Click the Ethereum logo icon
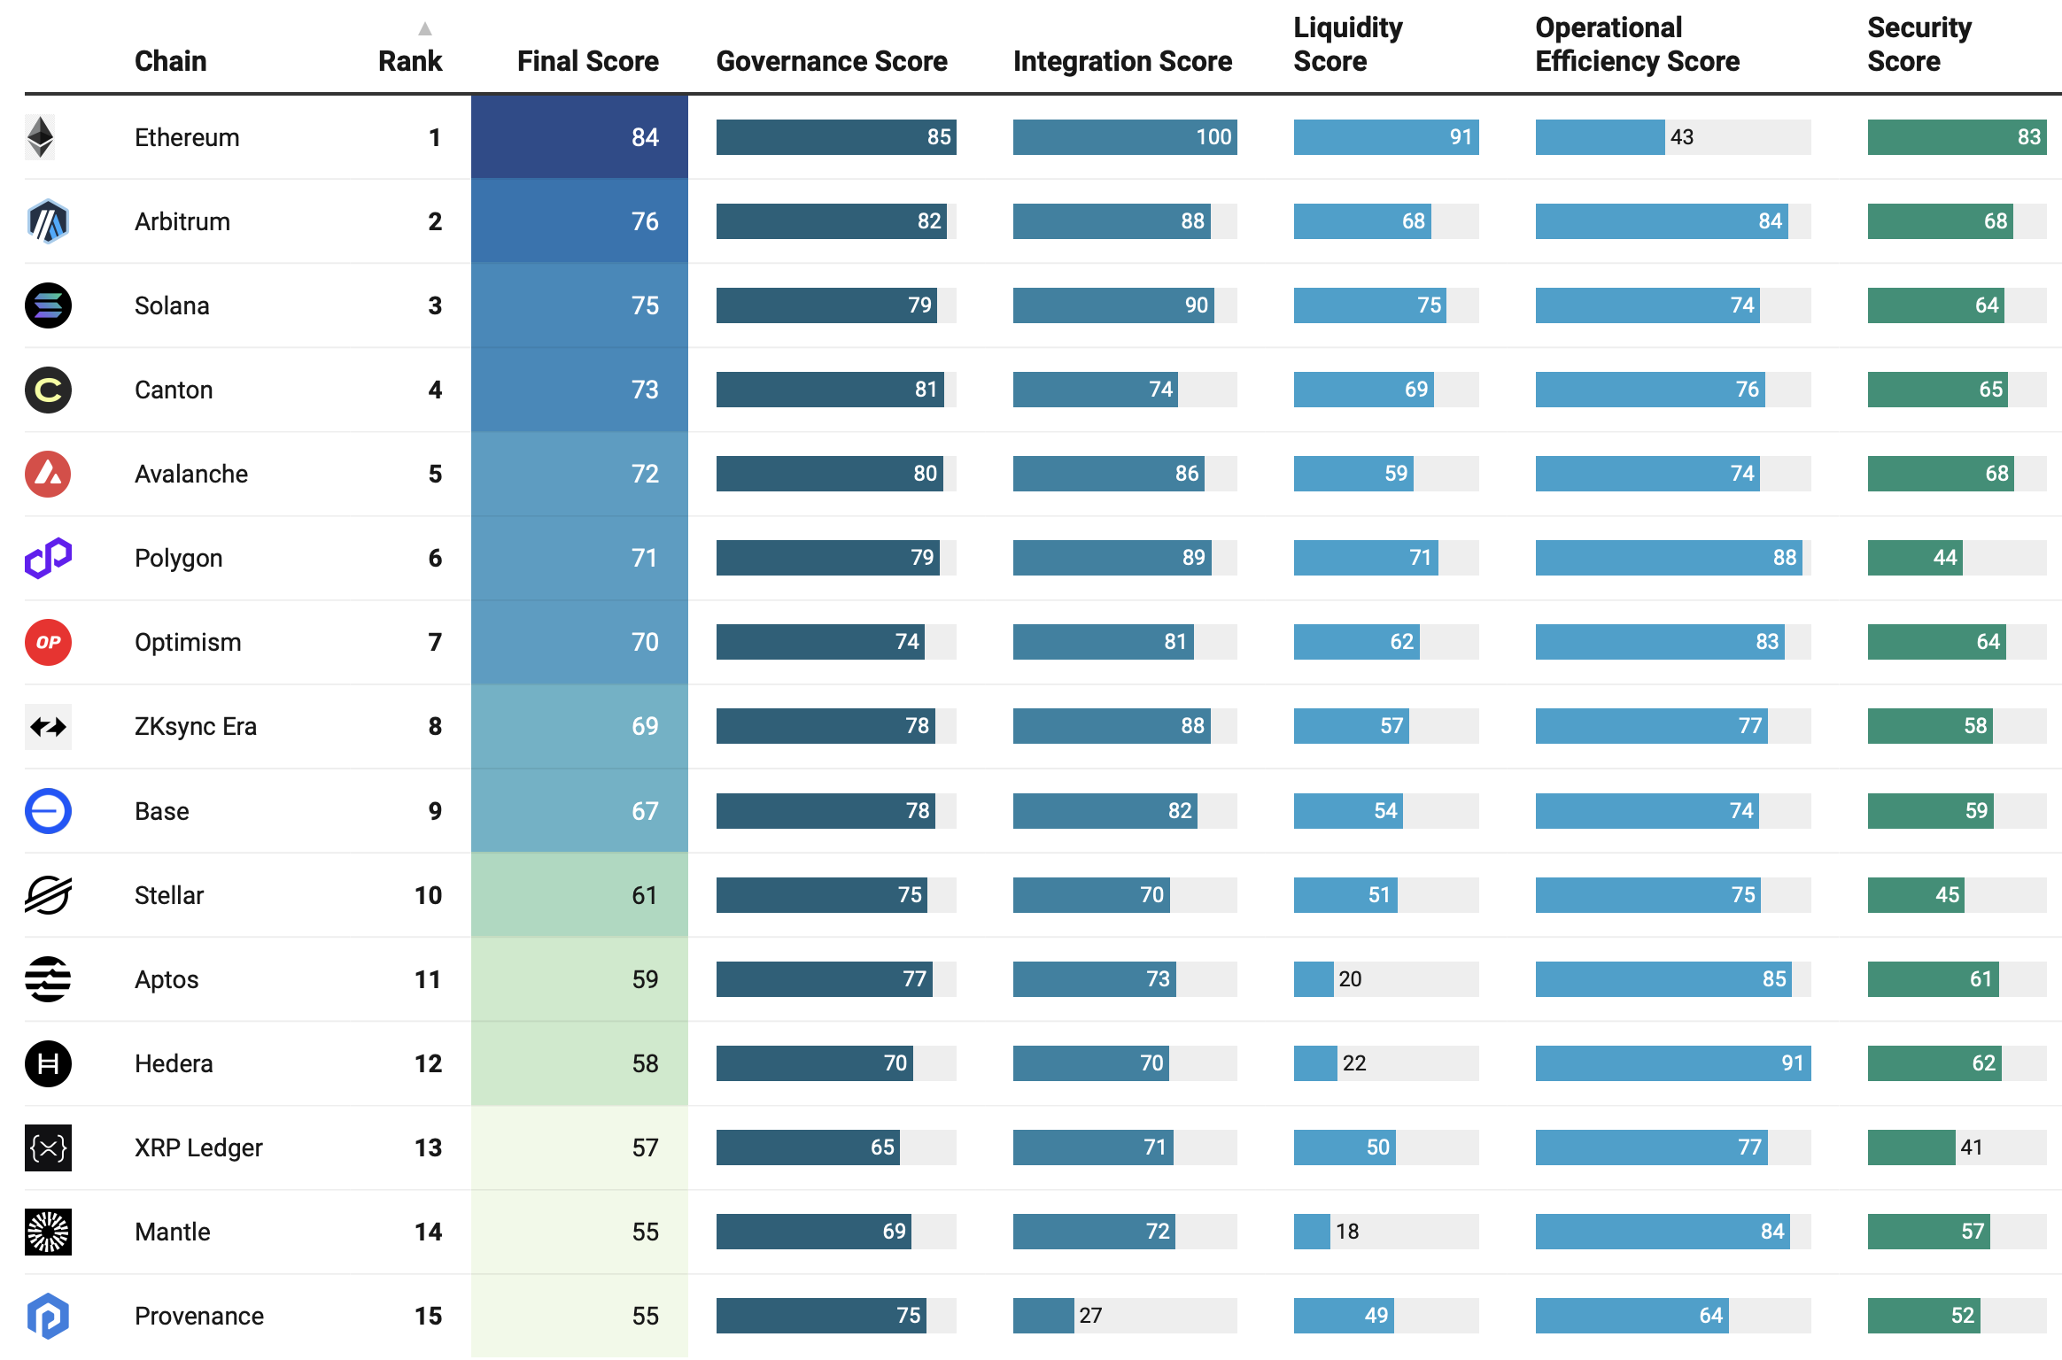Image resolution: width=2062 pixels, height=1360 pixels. tap(41, 137)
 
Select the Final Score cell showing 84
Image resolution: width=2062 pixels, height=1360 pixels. tap(579, 137)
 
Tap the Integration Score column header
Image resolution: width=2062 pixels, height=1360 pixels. tap(1122, 61)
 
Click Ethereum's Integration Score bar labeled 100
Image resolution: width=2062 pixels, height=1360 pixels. tap(1124, 137)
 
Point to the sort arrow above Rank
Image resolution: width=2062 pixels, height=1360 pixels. tap(425, 29)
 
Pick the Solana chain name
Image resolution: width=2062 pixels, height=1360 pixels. tap(172, 305)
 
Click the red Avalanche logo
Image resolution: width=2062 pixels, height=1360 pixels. tap(48, 474)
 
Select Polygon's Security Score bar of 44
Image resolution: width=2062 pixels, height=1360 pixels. tap(1914, 558)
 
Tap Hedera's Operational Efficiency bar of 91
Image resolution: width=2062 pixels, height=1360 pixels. tap(1672, 1063)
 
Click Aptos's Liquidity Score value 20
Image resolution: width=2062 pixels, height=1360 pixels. tap(1350, 979)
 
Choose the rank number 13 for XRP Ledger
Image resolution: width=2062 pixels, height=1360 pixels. tap(428, 1147)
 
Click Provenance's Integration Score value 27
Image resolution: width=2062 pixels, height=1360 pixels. tap(1090, 1316)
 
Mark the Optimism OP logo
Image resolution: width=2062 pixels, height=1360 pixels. tap(48, 642)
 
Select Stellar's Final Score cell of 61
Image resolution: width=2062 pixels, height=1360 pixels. tap(579, 895)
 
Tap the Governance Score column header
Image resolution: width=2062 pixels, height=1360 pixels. tap(831, 61)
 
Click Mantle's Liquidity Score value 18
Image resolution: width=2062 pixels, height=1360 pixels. tap(1347, 1232)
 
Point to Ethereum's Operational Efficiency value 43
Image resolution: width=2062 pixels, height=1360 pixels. tap(1681, 137)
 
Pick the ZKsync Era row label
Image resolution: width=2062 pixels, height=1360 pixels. tap(195, 726)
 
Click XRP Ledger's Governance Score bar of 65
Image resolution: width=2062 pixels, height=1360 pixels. tap(807, 1147)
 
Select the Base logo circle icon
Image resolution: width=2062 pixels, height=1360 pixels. tap(48, 811)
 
